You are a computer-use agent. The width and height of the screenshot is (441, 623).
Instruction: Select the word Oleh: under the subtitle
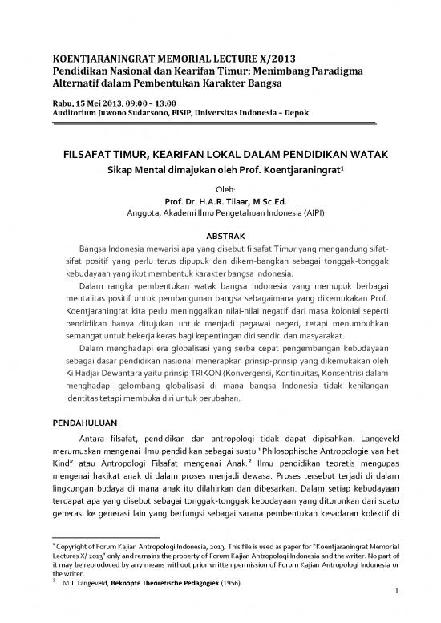tap(220, 189)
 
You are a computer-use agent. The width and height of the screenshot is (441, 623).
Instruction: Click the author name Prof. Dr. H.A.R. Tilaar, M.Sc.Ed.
tap(220, 200)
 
